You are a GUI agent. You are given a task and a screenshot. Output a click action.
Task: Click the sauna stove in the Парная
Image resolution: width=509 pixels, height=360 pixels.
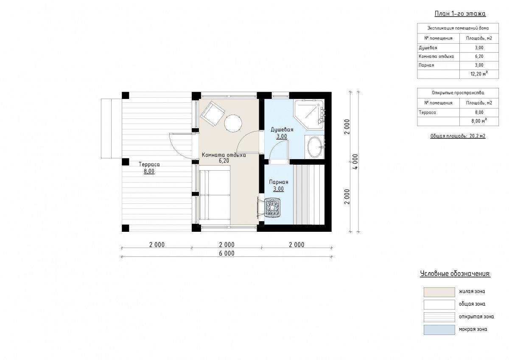[x=272, y=208]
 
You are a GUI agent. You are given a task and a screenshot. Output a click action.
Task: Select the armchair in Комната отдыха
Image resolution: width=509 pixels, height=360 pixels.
[x=213, y=114]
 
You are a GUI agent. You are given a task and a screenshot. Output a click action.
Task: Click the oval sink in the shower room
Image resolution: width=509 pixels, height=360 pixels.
[x=315, y=147]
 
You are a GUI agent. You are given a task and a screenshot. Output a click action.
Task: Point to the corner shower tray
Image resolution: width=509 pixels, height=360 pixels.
[x=310, y=114]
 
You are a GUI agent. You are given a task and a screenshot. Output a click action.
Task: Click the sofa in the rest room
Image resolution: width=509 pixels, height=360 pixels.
[x=215, y=195]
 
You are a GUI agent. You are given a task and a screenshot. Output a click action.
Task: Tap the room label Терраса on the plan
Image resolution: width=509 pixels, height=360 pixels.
[x=149, y=164]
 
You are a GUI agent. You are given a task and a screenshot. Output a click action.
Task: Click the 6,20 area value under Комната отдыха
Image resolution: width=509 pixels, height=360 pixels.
[x=224, y=161]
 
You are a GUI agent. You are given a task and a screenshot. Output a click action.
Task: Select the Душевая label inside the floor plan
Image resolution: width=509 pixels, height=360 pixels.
[x=282, y=129]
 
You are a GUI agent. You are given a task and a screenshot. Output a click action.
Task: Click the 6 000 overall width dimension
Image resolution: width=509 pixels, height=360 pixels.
[x=227, y=253]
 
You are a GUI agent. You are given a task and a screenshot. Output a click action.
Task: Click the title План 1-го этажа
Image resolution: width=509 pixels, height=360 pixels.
[x=460, y=14]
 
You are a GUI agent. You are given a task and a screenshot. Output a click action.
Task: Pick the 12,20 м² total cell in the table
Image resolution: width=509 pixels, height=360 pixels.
[x=479, y=74]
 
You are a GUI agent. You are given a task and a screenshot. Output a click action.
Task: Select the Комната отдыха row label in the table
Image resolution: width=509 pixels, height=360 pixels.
[x=436, y=56]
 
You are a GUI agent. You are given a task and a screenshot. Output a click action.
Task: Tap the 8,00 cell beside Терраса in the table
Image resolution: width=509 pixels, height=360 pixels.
[x=479, y=112]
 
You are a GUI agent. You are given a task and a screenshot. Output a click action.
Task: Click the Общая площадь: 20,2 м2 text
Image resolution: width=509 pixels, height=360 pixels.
[x=458, y=136]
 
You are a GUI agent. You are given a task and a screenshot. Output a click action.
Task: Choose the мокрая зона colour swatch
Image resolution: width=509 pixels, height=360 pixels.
[x=439, y=330]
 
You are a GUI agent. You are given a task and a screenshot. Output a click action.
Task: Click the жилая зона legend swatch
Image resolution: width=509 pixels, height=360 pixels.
[x=439, y=292]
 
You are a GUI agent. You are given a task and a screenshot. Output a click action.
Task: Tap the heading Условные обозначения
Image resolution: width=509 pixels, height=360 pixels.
[x=455, y=273]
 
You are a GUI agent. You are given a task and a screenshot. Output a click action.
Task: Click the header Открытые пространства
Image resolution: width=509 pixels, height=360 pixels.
[x=458, y=93]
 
